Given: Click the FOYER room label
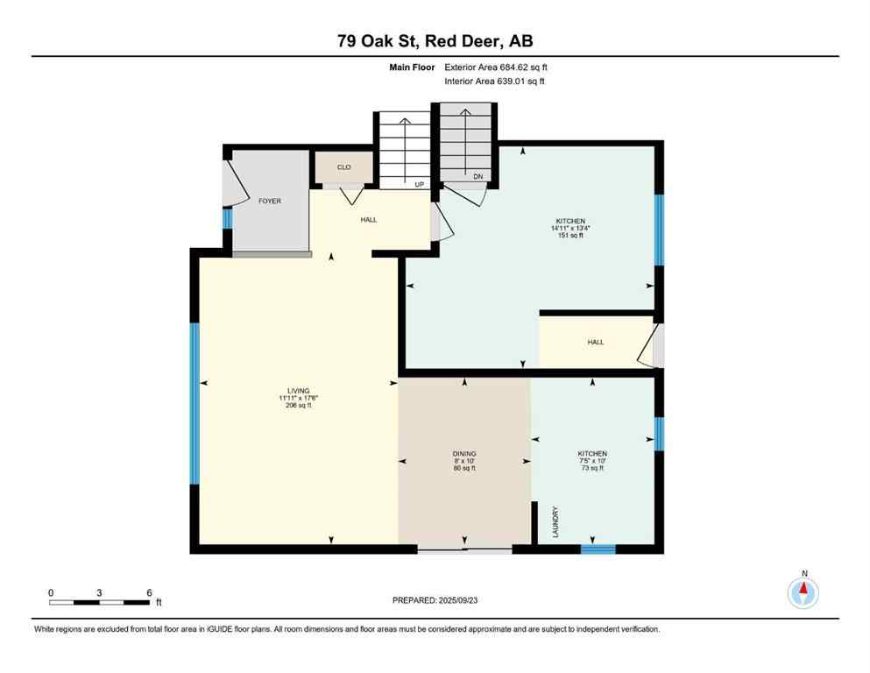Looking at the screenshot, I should [x=269, y=201].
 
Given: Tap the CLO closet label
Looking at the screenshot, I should [x=344, y=166].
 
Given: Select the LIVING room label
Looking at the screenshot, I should [x=299, y=391].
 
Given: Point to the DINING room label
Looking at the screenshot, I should [x=464, y=454].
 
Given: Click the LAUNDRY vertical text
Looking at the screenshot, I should [x=556, y=521].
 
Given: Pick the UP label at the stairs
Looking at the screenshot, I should [x=420, y=185].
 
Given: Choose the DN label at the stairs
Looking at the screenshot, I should [x=478, y=177].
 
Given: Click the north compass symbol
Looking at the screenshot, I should [x=803, y=592].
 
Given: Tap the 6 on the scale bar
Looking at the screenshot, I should [x=149, y=592].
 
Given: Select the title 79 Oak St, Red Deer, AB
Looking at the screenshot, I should [x=435, y=41].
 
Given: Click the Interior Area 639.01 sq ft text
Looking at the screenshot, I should [x=495, y=81].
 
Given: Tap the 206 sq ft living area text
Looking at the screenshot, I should [x=299, y=406].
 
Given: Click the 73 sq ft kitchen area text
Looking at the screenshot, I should [x=592, y=469].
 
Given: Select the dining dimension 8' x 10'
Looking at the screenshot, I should [x=464, y=462].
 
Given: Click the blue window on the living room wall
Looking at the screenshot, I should [x=195, y=403].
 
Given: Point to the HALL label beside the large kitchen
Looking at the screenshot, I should [x=595, y=342].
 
